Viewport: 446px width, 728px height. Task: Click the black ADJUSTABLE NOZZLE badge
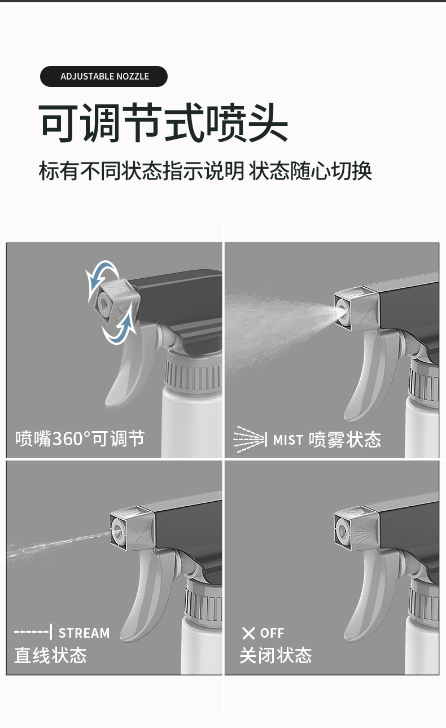pyautogui.click(x=104, y=76)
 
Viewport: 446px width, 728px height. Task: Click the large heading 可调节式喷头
pyautogui.click(x=163, y=123)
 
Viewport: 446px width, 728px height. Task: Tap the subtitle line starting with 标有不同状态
pyautogui.click(x=205, y=170)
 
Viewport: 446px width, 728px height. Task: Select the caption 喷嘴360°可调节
pyautogui.click(x=80, y=438)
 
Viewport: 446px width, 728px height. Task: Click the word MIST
pyautogui.click(x=288, y=440)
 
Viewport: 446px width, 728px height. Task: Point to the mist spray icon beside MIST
pyautogui.click(x=250, y=440)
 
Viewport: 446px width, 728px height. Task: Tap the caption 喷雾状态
pyautogui.click(x=345, y=440)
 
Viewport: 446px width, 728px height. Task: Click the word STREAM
pyautogui.click(x=84, y=633)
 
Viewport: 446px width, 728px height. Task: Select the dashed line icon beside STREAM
pyautogui.click(x=33, y=632)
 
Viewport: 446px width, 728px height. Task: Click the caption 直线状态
pyautogui.click(x=50, y=655)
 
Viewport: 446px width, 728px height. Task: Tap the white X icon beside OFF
pyautogui.click(x=248, y=633)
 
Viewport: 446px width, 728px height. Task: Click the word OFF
pyautogui.click(x=272, y=633)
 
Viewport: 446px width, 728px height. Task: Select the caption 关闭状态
pyautogui.click(x=276, y=655)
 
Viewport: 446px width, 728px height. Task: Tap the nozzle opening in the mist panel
pyautogui.click(x=341, y=308)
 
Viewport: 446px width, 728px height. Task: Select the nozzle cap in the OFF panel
pyautogui.click(x=357, y=527)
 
